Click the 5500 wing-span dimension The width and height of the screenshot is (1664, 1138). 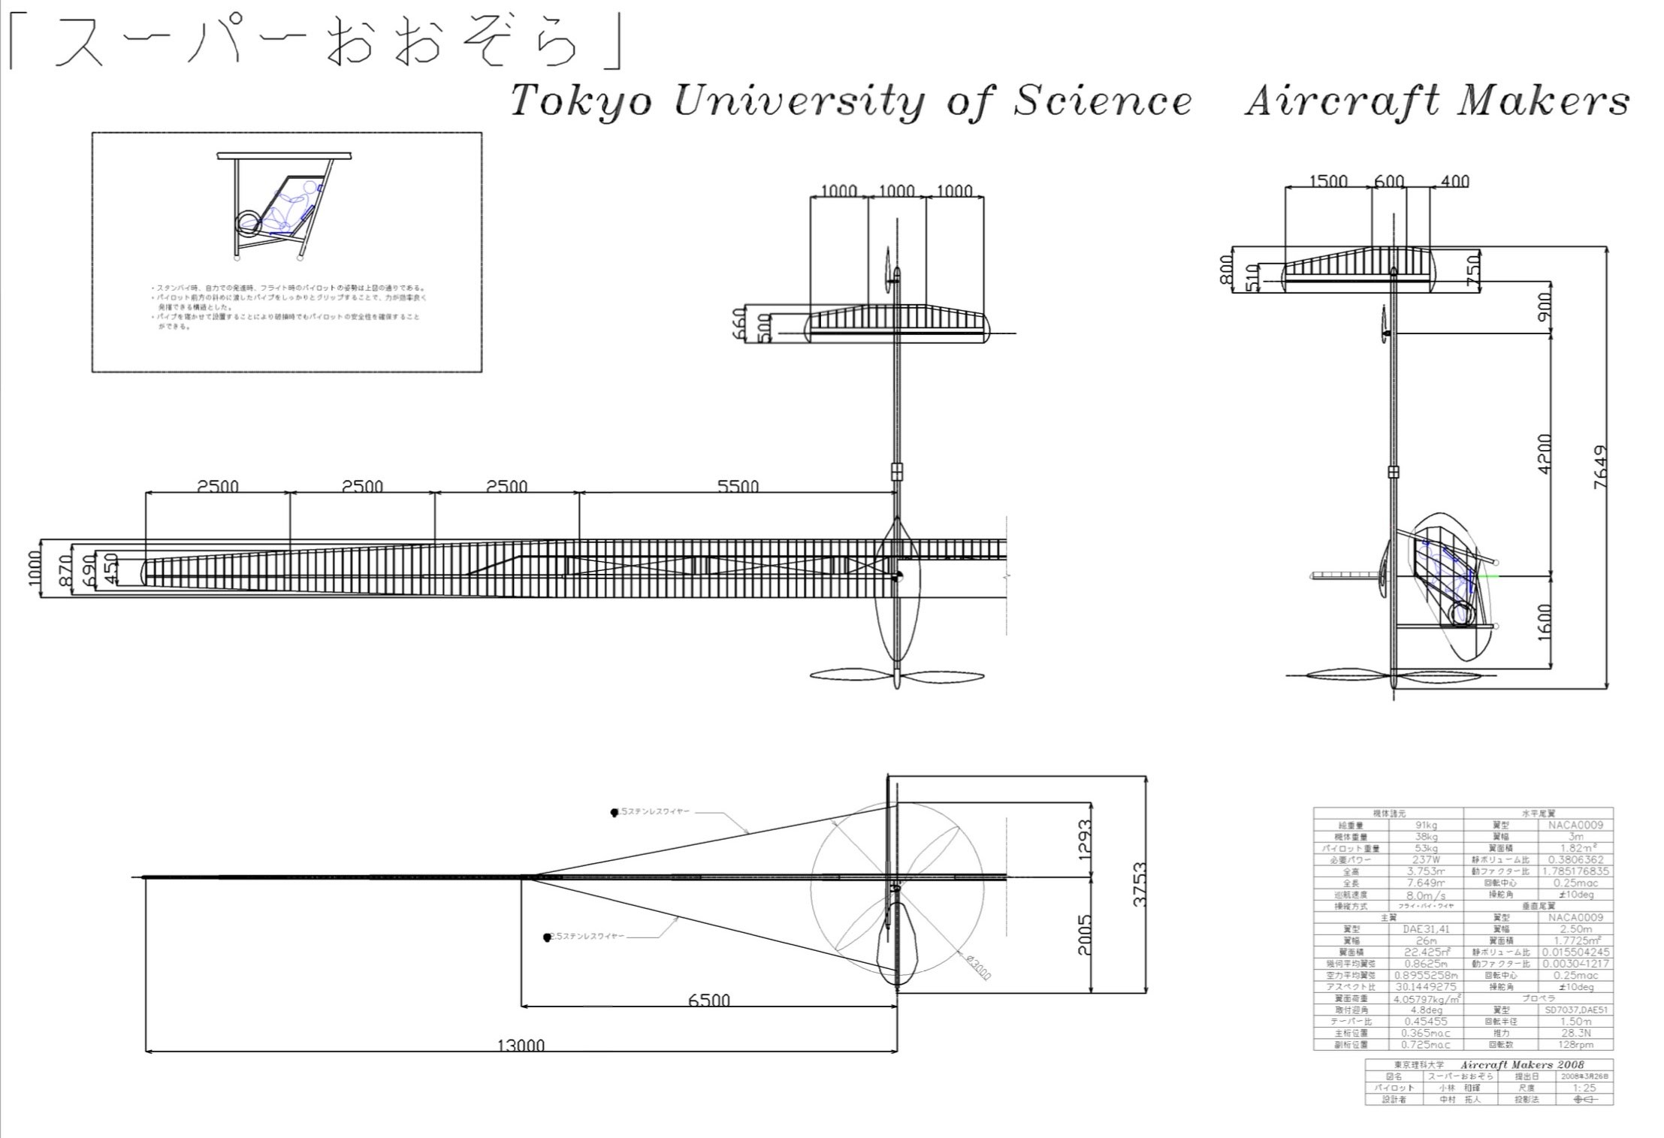pyautogui.click(x=738, y=486)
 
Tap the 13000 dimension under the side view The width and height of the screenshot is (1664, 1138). pyautogui.click(x=521, y=1045)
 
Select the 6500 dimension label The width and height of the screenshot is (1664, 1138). pyautogui.click(x=708, y=1000)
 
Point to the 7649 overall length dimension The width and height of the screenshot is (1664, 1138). pyautogui.click(x=1600, y=467)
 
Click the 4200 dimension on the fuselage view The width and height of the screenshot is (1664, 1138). pyautogui.click(x=1544, y=453)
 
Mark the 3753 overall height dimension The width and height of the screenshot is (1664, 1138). pyautogui.click(x=1139, y=884)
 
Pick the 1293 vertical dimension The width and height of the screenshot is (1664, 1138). pyautogui.click(x=1084, y=839)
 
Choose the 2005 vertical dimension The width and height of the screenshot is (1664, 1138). pyautogui.click(x=1084, y=934)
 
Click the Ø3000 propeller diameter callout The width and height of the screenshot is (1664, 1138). pyautogui.click(x=978, y=967)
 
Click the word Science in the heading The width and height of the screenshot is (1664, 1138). pyautogui.click(x=1102, y=101)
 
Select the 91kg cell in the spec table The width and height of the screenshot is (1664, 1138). pyautogui.click(x=1425, y=825)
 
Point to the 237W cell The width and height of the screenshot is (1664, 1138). pyautogui.click(x=1425, y=859)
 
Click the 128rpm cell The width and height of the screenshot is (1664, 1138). pyautogui.click(x=1576, y=1045)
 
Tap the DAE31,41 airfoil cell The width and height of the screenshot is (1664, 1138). pyautogui.click(x=1425, y=929)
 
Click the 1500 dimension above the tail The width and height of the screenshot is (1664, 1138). pyautogui.click(x=1327, y=181)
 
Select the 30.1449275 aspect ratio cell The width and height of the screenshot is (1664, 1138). pyautogui.click(x=1425, y=987)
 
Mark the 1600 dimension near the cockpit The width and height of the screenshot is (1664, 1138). pyautogui.click(x=1544, y=622)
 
